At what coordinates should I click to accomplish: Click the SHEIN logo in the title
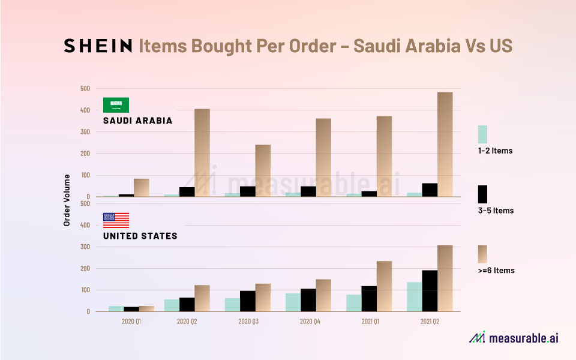click(98, 46)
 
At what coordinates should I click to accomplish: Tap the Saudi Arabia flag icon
click(116, 104)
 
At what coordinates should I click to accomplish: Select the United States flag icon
click(116, 220)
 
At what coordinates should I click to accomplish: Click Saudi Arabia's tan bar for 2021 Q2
click(445, 144)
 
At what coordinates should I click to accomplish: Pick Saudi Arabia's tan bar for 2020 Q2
click(202, 152)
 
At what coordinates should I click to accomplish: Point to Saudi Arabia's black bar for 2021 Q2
click(430, 190)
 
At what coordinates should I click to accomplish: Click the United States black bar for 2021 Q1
click(369, 299)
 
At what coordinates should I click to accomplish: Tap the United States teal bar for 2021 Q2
click(414, 296)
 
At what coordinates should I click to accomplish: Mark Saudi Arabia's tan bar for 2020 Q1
click(142, 187)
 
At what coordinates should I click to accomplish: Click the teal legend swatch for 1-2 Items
click(482, 134)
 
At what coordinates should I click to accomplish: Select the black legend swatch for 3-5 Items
click(482, 194)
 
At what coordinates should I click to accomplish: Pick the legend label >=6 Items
click(496, 271)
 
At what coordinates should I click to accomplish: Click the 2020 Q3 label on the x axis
click(248, 322)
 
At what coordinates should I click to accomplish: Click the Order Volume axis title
click(67, 200)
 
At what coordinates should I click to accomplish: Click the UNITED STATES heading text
click(140, 236)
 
